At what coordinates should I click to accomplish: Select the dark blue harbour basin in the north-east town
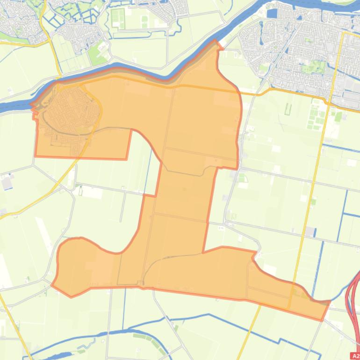(x=271, y=14)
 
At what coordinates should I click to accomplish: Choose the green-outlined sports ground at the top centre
(x=118, y=18)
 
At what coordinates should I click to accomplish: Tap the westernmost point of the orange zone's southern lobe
(x=52, y=284)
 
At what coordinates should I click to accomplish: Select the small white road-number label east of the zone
(x=221, y=228)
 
